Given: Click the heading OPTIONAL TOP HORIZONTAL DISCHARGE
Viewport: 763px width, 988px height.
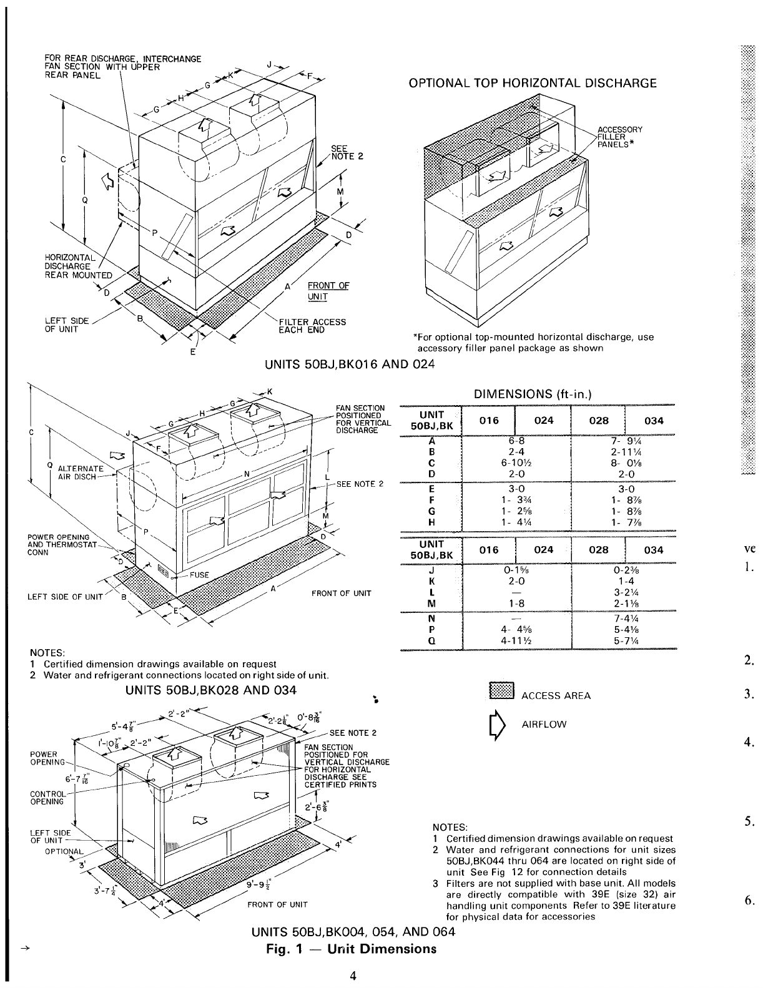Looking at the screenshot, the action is pyautogui.click(x=532, y=83).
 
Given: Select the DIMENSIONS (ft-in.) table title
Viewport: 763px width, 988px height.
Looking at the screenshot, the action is pyautogui.click(x=533, y=394).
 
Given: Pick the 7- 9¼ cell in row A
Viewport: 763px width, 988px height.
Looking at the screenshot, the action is pyautogui.click(x=624, y=440).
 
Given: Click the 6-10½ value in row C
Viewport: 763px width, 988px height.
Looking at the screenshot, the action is pyautogui.click(x=515, y=464).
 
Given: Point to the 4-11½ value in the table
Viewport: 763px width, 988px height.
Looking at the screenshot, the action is pyautogui.click(x=515, y=640).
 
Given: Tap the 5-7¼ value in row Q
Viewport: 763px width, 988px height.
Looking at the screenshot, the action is pyautogui.click(x=624, y=640).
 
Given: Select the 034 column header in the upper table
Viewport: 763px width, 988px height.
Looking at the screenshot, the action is pyautogui.click(x=653, y=421).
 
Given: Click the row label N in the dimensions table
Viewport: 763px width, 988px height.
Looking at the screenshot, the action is pyautogui.click(x=432, y=618).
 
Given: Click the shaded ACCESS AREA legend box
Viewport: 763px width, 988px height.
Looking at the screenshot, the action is pyautogui.click(x=501, y=691).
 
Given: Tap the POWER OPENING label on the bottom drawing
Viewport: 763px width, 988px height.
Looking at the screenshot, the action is pyautogui.click(x=47, y=758).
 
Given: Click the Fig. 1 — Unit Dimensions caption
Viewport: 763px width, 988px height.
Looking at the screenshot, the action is pyautogui.click(x=350, y=949).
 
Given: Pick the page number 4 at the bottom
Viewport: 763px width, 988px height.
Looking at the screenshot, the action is pyautogui.click(x=353, y=977).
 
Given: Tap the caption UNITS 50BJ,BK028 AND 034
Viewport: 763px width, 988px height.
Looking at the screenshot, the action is pyautogui.click(x=211, y=691).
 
